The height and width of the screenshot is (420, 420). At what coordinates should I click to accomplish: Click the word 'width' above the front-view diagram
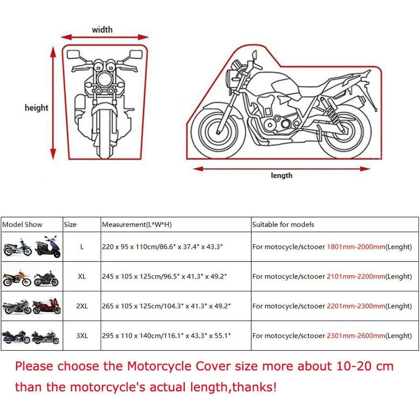pyautogui.click(x=102, y=29)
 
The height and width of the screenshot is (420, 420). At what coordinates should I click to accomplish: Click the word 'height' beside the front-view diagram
pyautogui.click(x=36, y=108)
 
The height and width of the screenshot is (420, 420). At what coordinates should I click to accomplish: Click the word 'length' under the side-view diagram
pyautogui.click(x=282, y=175)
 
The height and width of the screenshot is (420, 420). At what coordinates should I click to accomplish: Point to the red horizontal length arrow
pyautogui.click(x=282, y=169)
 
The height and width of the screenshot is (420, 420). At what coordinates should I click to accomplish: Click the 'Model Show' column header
pyautogui.click(x=22, y=225)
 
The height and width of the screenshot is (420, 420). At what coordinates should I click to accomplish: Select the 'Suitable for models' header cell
pyautogui.click(x=283, y=225)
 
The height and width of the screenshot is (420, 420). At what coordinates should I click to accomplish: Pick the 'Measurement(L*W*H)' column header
pyautogui.click(x=137, y=225)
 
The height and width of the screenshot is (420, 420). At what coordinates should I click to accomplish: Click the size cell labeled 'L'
pyautogui.click(x=82, y=247)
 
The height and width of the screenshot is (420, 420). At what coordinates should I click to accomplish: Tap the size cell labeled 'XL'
pyautogui.click(x=82, y=276)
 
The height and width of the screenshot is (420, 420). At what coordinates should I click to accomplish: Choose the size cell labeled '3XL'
pyautogui.click(x=82, y=336)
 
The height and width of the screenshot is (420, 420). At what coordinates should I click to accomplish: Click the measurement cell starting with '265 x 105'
pyautogui.click(x=166, y=306)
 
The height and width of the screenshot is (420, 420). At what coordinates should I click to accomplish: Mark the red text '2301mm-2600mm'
pyautogui.click(x=356, y=336)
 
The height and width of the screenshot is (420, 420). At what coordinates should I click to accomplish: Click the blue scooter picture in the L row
pyautogui.click(x=48, y=247)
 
